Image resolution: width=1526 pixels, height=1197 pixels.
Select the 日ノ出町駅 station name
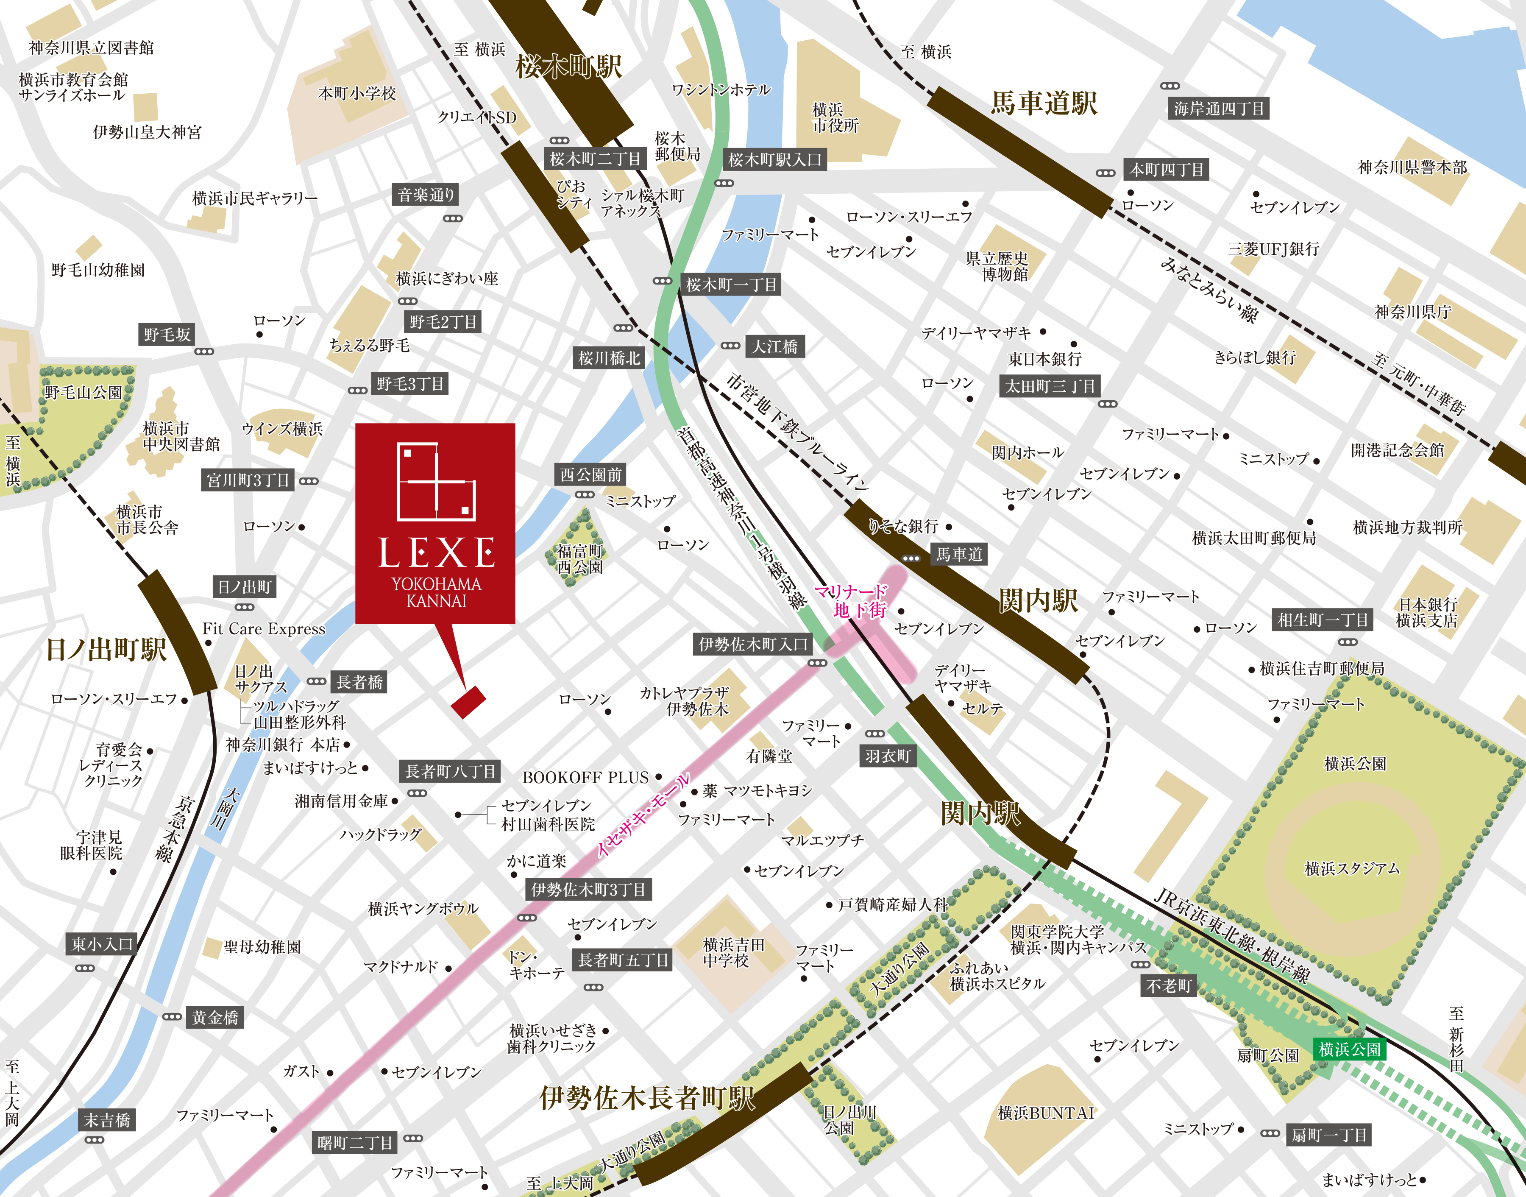[106, 649]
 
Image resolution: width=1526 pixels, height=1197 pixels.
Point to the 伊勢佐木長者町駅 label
[647, 1097]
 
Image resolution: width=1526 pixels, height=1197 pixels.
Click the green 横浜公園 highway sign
[1349, 1049]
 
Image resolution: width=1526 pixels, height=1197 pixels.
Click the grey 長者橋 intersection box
[359, 682]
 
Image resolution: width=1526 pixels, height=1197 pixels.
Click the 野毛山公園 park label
[83, 393]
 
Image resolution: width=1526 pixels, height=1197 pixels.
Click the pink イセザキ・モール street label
[643, 815]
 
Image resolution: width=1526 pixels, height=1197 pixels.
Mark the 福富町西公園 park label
[579, 559]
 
